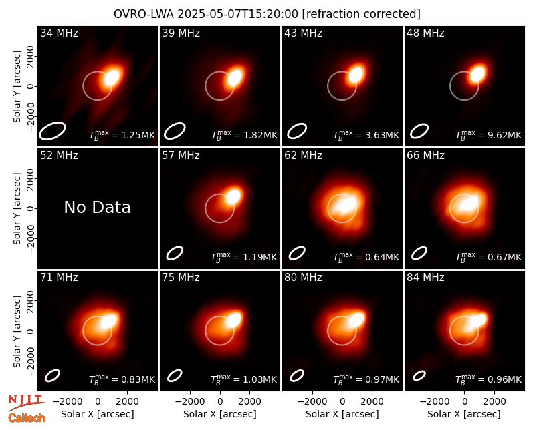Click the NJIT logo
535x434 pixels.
[26, 403]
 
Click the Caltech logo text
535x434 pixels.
[27, 418]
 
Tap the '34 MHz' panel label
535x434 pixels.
[59, 33]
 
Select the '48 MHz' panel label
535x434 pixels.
[425, 33]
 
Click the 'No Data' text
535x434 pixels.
[97, 207]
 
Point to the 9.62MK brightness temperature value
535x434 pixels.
[504, 135]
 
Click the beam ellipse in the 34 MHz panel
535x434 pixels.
[52, 130]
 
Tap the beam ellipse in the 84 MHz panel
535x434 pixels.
[419, 375]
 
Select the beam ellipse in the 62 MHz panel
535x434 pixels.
[297, 253]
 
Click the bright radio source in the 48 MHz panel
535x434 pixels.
[477, 74]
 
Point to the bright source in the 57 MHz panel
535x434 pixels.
[233, 196]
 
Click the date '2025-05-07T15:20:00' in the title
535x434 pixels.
[238, 14]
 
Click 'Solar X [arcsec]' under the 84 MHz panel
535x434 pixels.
[464, 414]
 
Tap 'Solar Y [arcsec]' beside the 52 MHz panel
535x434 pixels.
[17, 208]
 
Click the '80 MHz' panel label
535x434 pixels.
[304, 278]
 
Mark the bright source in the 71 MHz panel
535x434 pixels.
[109, 320]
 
